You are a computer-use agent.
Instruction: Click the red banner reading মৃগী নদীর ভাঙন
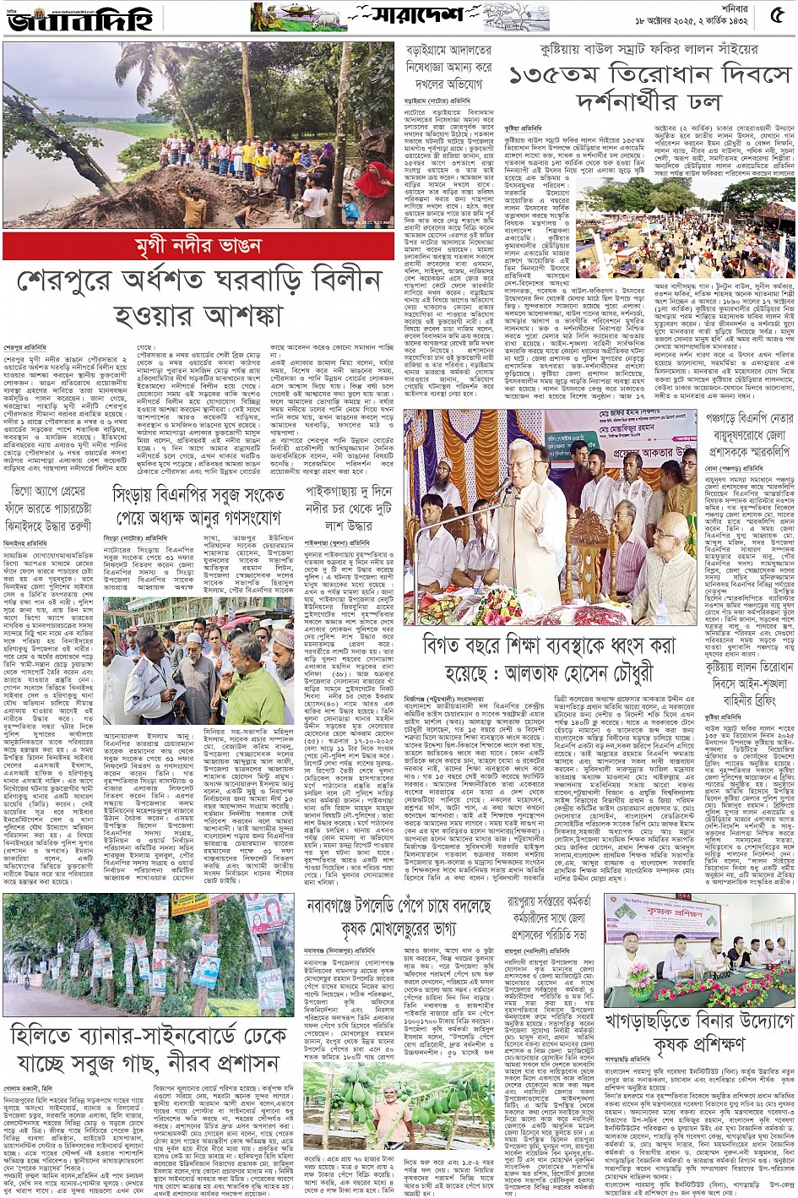pyautogui.click(x=198, y=247)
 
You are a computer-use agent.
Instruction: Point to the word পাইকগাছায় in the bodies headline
pyautogui.click(x=339, y=491)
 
